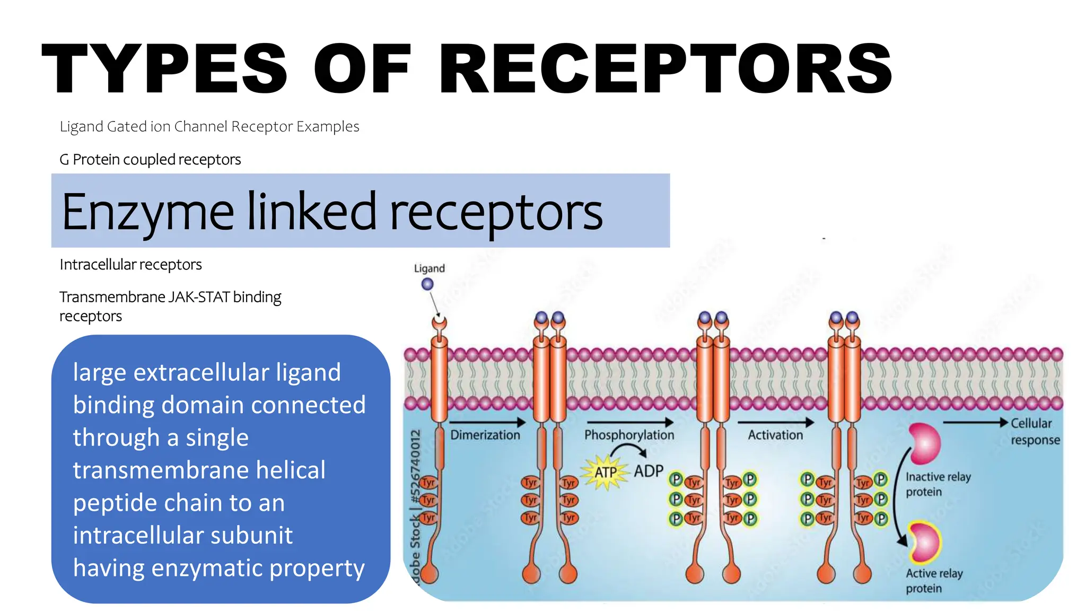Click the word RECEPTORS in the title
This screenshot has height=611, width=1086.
pyautogui.click(x=665, y=69)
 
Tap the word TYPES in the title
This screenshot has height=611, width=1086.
pyautogui.click(x=164, y=69)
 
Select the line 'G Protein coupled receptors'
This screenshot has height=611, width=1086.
pyautogui.click(x=150, y=159)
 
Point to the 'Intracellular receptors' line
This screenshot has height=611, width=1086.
pyautogui.click(x=130, y=264)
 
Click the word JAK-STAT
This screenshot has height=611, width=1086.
pyautogui.click(x=199, y=297)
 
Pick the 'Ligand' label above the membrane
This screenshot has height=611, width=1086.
pyautogui.click(x=429, y=268)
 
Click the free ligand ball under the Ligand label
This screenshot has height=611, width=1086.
pyautogui.click(x=427, y=284)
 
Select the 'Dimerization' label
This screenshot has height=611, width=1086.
pyautogui.click(x=485, y=435)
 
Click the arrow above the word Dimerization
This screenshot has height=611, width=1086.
pyautogui.click(x=487, y=422)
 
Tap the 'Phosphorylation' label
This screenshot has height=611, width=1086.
pyautogui.click(x=629, y=435)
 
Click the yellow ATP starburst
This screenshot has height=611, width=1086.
pyautogui.click(x=605, y=472)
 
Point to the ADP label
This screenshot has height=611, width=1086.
pyautogui.click(x=649, y=471)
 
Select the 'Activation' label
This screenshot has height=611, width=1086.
pyautogui.click(x=775, y=435)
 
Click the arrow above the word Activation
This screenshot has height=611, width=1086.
pyautogui.click(x=775, y=422)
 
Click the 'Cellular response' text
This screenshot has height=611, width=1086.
pyautogui.click(x=1034, y=431)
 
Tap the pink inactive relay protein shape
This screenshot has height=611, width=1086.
pyautogui.click(x=926, y=443)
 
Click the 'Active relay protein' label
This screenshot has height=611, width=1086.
pyautogui.click(x=933, y=581)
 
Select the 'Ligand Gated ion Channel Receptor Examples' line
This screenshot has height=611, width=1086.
pyautogui.click(x=209, y=127)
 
